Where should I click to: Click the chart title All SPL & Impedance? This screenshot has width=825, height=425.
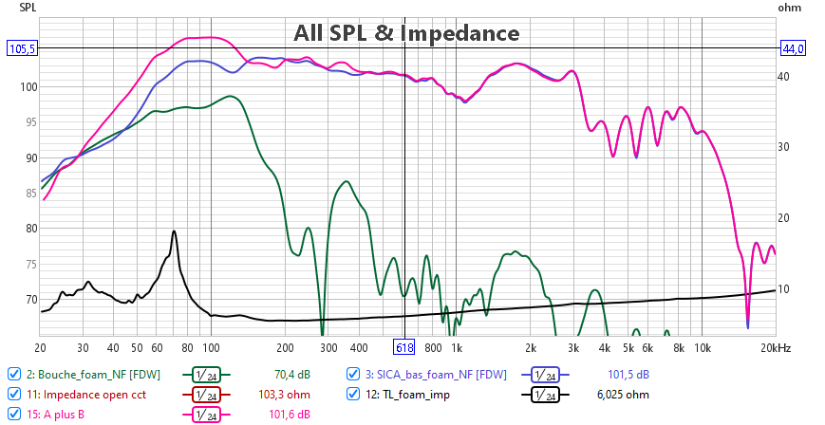pyautogui.click(x=406, y=34)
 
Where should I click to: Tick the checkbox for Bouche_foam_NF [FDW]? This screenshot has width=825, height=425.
pyautogui.click(x=13, y=373)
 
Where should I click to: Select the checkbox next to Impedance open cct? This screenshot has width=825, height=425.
pyautogui.click(x=13, y=394)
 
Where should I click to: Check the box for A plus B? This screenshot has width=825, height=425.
pyautogui.click(x=13, y=414)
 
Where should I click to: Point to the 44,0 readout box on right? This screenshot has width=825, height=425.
pyautogui.click(x=793, y=48)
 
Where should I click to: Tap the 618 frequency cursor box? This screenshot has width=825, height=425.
pyautogui.click(x=405, y=347)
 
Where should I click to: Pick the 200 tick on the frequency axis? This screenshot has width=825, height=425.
pyautogui.click(x=285, y=347)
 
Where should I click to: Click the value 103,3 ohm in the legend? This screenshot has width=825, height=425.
pyautogui.click(x=286, y=394)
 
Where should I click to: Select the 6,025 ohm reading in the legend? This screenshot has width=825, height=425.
pyautogui.click(x=622, y=394)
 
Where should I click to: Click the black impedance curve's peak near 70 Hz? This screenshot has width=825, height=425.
pyautogui.click(x=174, y=231)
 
